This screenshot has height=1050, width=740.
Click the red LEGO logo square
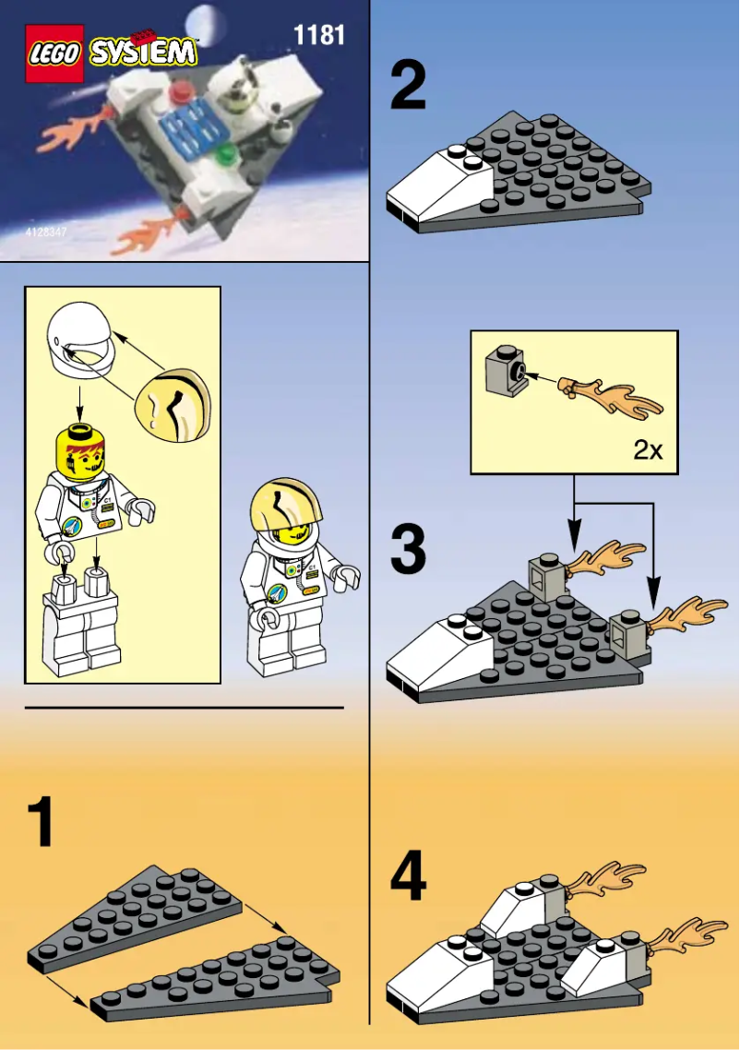pos(55,53)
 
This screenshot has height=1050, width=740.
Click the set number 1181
pos(318,36)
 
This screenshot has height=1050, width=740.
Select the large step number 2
pos(408,86)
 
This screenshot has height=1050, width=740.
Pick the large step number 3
pos(408,549)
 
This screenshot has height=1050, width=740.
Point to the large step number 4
pos(408,877)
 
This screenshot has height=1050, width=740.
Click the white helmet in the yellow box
pos(79,344)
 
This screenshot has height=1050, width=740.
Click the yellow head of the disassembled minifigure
pos(79,447)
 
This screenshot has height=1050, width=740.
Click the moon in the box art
pos(203,21)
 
